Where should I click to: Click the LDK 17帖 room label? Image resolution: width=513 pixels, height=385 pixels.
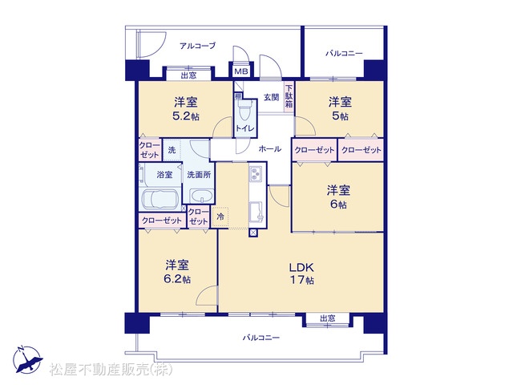pyautogui.click(x=301, y=274)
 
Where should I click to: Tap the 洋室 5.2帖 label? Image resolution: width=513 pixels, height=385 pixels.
pyautogui.click(x=185, y=109)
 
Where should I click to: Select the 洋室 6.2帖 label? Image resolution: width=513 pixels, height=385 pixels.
pyautogui.click(x=176, y=272)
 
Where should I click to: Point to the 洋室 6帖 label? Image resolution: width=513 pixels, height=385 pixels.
pyautogui.click(x=338, y=197)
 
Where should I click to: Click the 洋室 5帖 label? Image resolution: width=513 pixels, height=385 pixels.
pyautogui.click(x=340, y=109)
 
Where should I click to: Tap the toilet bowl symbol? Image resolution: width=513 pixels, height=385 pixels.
pyautogui.click(x=244, y=111)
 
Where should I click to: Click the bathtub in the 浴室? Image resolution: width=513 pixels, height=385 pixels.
pyautogui.click(x=160, y=199)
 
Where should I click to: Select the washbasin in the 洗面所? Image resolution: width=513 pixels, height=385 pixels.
pyautogui.click(x=202, y=197)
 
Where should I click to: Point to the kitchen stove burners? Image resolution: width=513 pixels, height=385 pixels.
pyautogui.click(x=255, y=173)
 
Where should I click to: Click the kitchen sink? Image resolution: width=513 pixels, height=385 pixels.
pyautogui.click(x=257, y=212)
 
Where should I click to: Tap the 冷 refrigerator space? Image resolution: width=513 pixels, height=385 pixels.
pyautogui.click(x=220, y=217)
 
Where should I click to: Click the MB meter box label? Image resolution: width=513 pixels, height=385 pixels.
pyautogui.click(x=241, y=71)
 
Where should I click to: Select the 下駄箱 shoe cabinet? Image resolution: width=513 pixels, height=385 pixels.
pyautogui.click(x=289, y=96)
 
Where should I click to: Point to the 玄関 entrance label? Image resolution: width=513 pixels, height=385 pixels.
pyautogui.click(x=271, y=97)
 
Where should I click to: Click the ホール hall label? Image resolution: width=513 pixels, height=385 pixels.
pyautogui.click(x=270, y=149)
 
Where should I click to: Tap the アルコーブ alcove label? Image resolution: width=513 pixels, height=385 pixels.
pyautogui.click(x=198, y=46)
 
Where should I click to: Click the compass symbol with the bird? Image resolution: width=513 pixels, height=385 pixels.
pyautogui.click(x=27, y=359)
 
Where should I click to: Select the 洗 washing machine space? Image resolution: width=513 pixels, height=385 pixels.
pyautogui.click(x=172, y=150)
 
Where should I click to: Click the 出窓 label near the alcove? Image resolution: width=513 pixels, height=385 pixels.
pyautogui.click(x=189, y=75)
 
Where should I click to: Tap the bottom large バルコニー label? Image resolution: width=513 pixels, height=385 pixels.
pyautogui.click(x=261, y=337)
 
